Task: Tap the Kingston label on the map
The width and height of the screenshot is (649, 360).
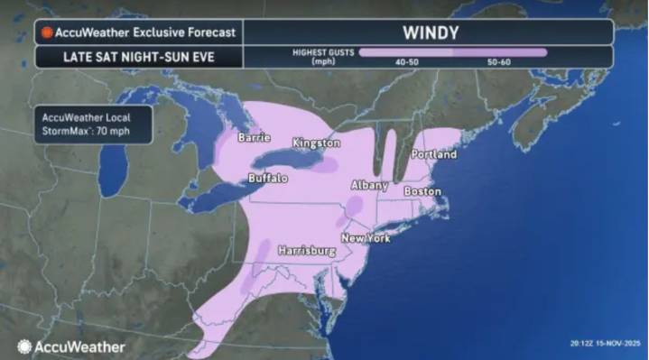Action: coord(316,143)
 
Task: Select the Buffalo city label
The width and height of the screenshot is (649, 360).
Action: coord(267,179)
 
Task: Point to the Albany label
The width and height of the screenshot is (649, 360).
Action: coord(368,185)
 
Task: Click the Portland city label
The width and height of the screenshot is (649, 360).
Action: coord(433,154)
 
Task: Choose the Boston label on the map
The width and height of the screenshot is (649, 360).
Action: coord(422,191)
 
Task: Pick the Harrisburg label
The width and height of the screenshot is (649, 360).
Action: coord(307,249)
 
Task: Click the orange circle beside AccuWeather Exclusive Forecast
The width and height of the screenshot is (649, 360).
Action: coord(46,32)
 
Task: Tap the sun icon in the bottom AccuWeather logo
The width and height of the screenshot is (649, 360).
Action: coord(24,346)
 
